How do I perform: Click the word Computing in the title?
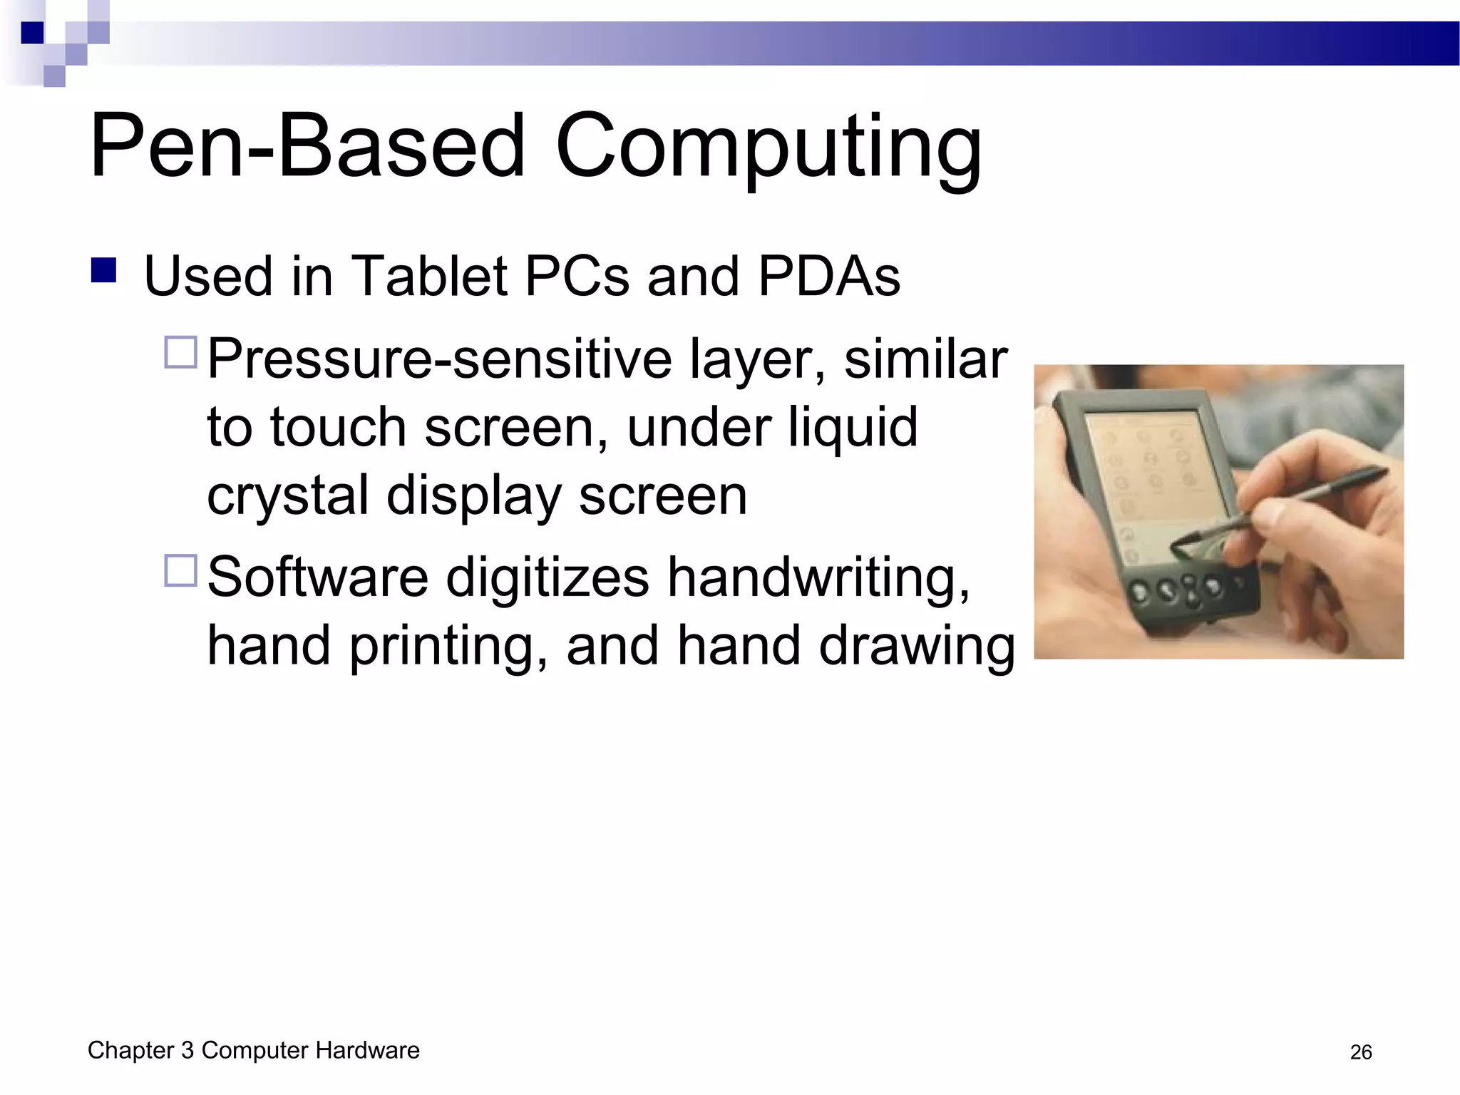768,148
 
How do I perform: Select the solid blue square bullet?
104,271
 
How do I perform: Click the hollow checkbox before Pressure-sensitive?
180,352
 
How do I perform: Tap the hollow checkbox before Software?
180,570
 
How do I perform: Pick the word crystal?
287,497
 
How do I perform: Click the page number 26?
1360,1052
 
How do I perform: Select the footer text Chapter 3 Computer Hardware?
253,1050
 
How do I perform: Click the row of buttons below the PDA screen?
1183,589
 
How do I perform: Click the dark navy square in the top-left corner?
32,33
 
